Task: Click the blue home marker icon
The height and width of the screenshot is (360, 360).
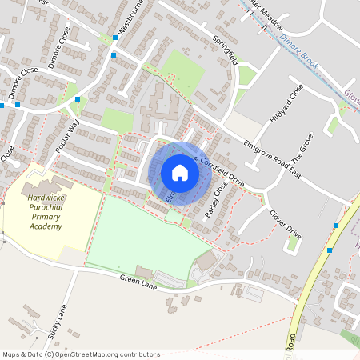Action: [180, 172]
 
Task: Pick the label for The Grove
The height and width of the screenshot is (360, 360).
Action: [304, 150]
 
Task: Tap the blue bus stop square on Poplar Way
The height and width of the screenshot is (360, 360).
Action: [78, 99]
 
